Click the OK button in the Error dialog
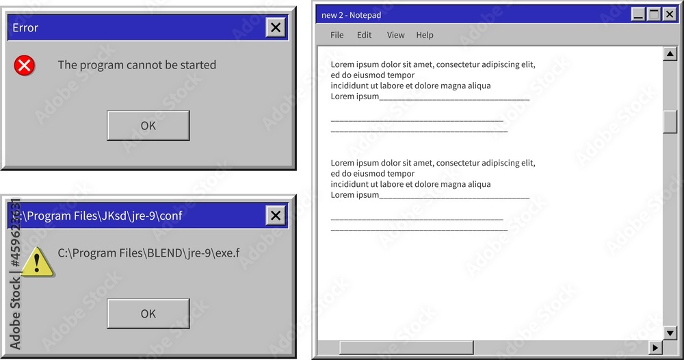148,126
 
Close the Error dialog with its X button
276,27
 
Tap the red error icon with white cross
24,65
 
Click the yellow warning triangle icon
38,262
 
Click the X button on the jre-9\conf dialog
276,216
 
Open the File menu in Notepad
337,35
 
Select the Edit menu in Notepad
365,35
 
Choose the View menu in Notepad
396,35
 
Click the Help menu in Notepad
425,35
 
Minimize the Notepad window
638,14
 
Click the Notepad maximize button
654,14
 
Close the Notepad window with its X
669,14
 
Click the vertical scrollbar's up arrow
670,54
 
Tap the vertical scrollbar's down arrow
670,333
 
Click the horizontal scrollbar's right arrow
655,348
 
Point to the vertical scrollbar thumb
670,121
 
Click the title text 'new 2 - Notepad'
351,15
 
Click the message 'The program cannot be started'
137,65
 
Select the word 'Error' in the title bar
25,28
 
